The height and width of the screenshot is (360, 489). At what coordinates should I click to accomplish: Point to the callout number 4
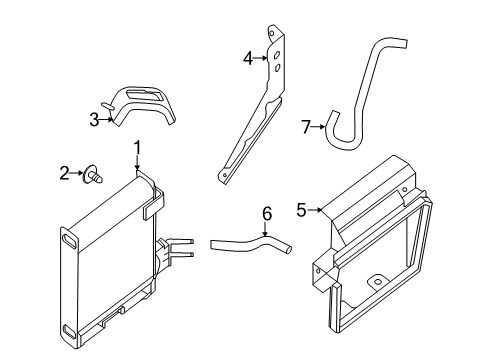click(x=248, y=58)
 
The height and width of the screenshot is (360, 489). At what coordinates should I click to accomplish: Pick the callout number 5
click(x=301, y=209)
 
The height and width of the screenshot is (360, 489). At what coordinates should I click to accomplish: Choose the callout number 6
click(x=266, y=213)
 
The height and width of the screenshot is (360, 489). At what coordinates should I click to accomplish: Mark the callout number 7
click(x=307, y=126)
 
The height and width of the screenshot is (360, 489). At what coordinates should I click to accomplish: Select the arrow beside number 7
click(x=318, y=126)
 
